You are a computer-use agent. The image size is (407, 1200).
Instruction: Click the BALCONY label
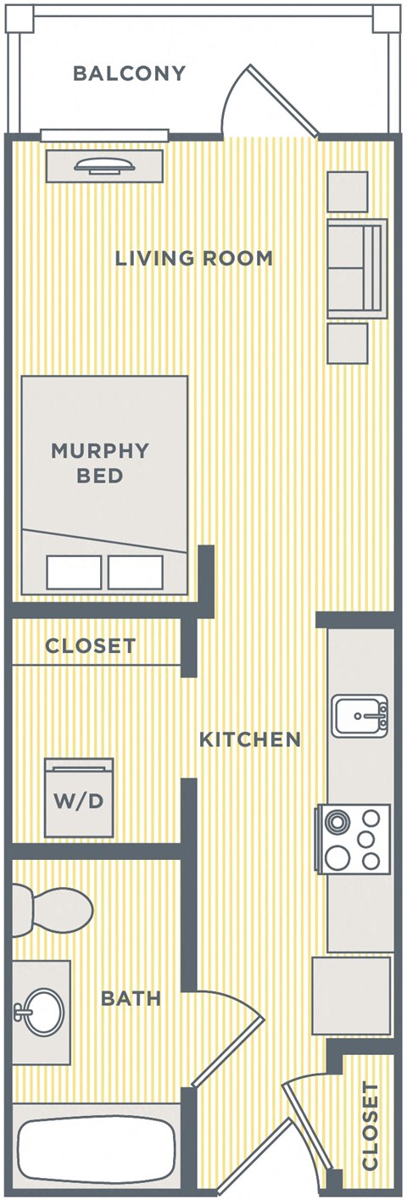(x=129, y=74)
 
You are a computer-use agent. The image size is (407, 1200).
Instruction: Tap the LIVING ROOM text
(x=194, y=258)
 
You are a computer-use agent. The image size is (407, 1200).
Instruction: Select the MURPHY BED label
(x=100, y=462)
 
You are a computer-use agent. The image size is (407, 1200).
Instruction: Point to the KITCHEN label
(x=250, y=740)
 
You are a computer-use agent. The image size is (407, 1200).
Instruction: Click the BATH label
(x=131, y=999)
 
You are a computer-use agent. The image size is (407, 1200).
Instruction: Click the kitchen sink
(x=360, y=716)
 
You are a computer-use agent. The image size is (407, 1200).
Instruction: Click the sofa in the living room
(x=357, y=268)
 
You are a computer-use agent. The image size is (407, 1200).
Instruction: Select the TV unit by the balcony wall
(x=103, y=165)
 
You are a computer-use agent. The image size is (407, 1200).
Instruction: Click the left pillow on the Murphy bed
(x=74, y=572)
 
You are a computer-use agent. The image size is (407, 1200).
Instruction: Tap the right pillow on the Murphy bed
(x=136, y=572)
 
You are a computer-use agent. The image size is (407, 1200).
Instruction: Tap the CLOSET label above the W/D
(x=90, y=646)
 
